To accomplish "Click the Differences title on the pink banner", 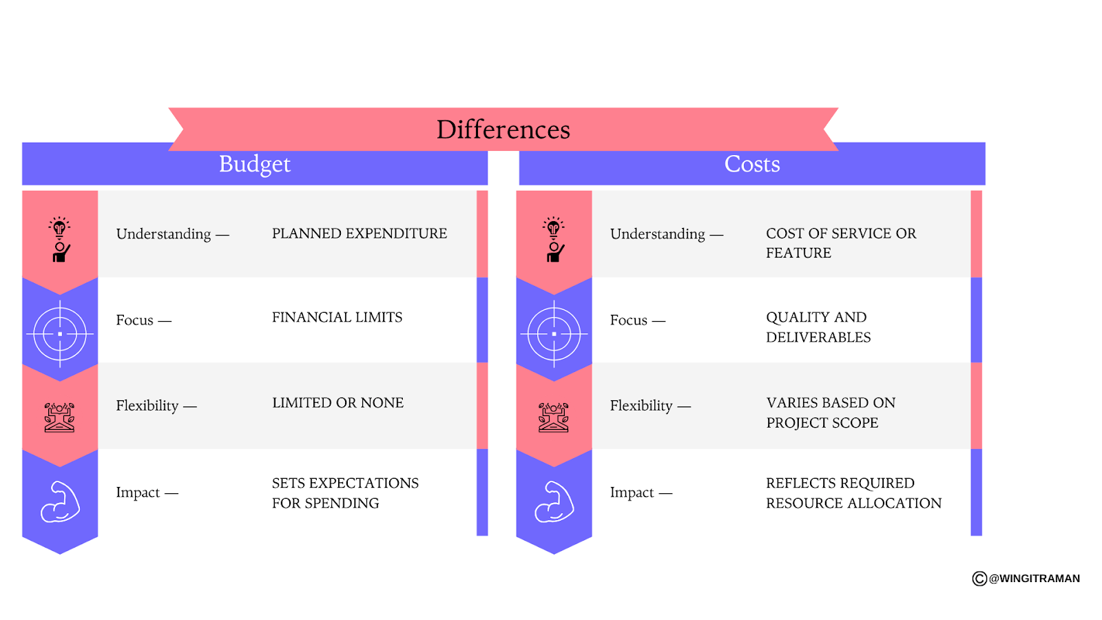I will click(503, 130).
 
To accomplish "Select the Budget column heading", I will click(254, 164).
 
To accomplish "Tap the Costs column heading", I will click(751, 164).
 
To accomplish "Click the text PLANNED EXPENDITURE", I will click(359, 234).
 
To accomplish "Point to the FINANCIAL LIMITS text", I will click(337, 318).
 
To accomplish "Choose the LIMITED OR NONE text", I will click(337, 403).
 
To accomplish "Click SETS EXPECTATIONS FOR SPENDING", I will click(344, 493).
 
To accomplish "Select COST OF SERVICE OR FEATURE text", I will click(840, 242).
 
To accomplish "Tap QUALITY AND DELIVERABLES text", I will click(818, 327).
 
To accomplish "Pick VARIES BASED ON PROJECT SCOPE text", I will click(830, 413).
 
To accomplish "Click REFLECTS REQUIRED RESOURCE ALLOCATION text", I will click(853, 493).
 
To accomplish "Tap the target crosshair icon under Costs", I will click(554, 333).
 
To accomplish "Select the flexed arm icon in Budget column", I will click(60, 502).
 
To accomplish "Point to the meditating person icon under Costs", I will click(554, 417).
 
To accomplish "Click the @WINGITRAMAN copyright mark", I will click(1026, 579).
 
